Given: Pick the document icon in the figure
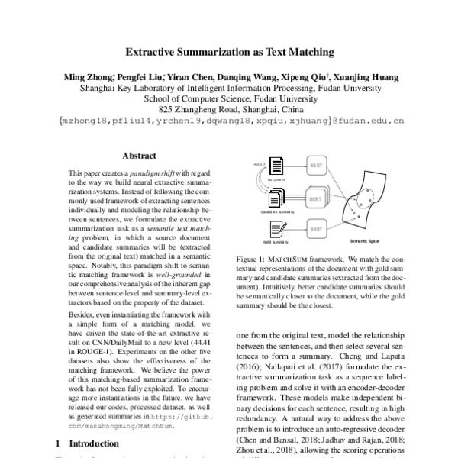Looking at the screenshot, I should (278, 166).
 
